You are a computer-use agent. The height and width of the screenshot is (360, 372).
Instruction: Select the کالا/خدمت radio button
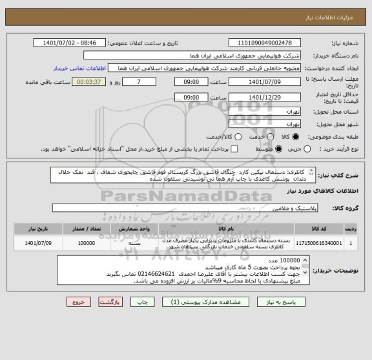[238, 137]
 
